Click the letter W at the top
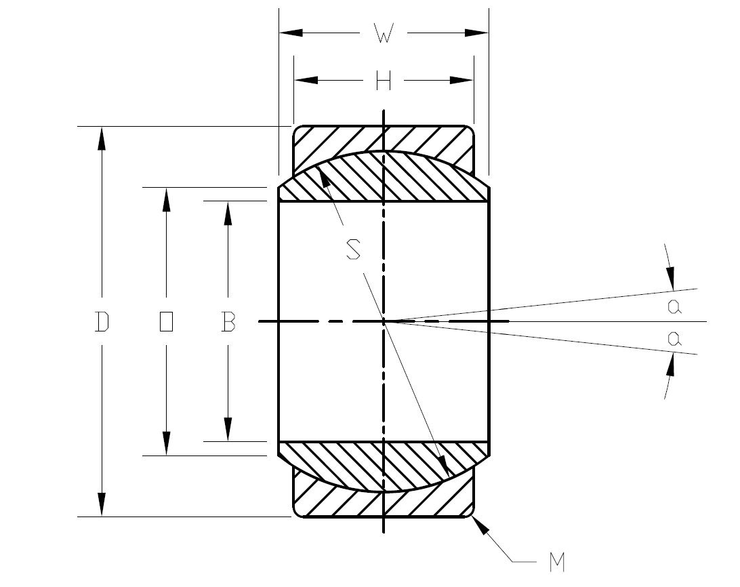(384, 35)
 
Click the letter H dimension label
(384, 81)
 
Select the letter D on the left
(102, 322)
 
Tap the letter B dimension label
(228, 322)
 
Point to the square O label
(166, 322)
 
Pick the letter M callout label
(557, 562)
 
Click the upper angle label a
(674, 307)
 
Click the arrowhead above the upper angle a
(670, 277)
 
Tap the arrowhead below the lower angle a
(670, 367)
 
